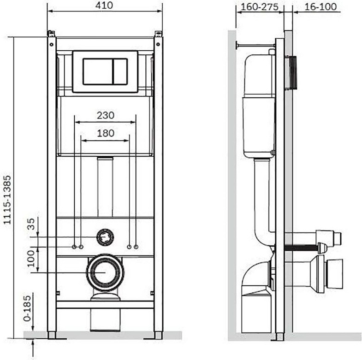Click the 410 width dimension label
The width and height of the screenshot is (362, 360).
(x=104, y=6)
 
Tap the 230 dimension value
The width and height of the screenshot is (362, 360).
(x=106, y=115)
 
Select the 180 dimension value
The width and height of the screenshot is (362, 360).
(x=106, y=133)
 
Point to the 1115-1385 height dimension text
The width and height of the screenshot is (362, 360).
(x=7, y=200)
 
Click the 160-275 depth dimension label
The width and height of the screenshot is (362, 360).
(x=260, y=7)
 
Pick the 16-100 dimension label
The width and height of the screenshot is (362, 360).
(x=320, y=7)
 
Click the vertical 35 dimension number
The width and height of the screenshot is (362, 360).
(x=31, y=224)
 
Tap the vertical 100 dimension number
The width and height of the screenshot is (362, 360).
(x=31, y=259)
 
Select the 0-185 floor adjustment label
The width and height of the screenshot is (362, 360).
(x=27, y=308)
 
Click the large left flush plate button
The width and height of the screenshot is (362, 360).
(x=98, y=71)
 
